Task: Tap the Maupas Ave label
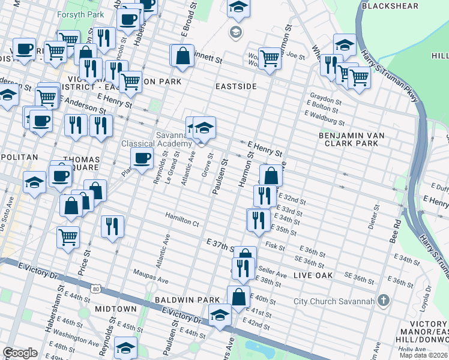click(151, 278)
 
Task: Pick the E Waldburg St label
click(325, 119)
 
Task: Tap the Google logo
click(20, 353)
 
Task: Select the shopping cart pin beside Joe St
click(270, 59)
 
